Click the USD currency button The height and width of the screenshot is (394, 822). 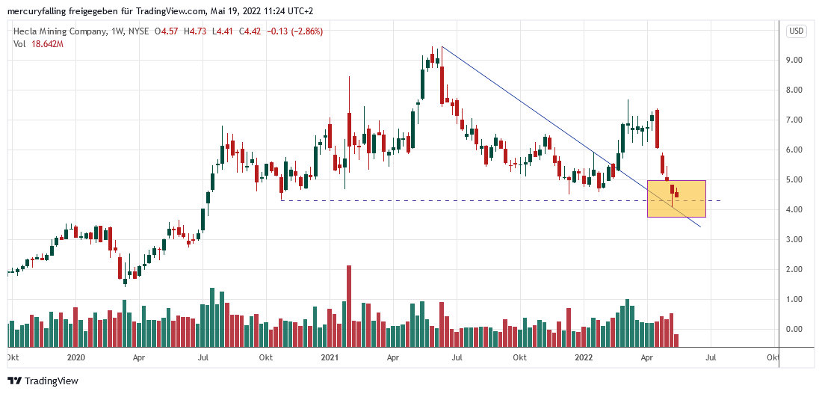[796, 31]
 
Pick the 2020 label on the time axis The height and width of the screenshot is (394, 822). [75, 357]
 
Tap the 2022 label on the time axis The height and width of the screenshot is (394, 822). [584, 357]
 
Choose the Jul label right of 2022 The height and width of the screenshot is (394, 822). [711, 357]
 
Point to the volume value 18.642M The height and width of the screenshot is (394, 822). [46, 44]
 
